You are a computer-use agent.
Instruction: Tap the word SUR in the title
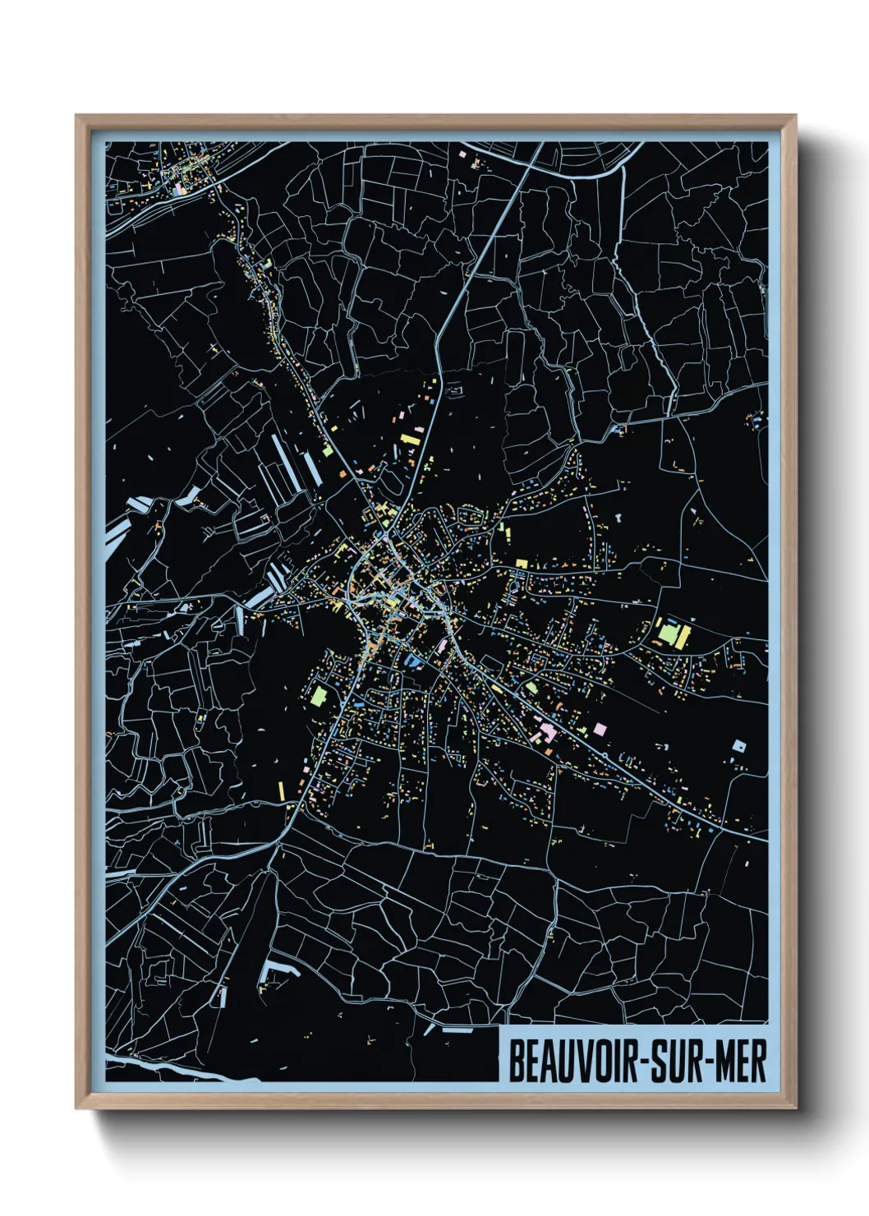(673, 1062)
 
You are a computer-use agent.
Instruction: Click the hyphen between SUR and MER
(704, 1063)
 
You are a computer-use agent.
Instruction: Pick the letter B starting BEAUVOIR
(516, 1062)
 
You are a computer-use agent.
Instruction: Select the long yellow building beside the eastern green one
(683, 636)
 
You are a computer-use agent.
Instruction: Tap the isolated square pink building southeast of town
(600, 729)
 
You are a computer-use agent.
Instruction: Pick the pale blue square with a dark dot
(739, 747)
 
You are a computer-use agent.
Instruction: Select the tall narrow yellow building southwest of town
(281, 790)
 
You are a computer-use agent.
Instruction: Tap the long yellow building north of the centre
(410, 440)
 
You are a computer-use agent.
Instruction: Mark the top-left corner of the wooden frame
(76, 116)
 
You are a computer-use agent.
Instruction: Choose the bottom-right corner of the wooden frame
(795, 1108)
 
